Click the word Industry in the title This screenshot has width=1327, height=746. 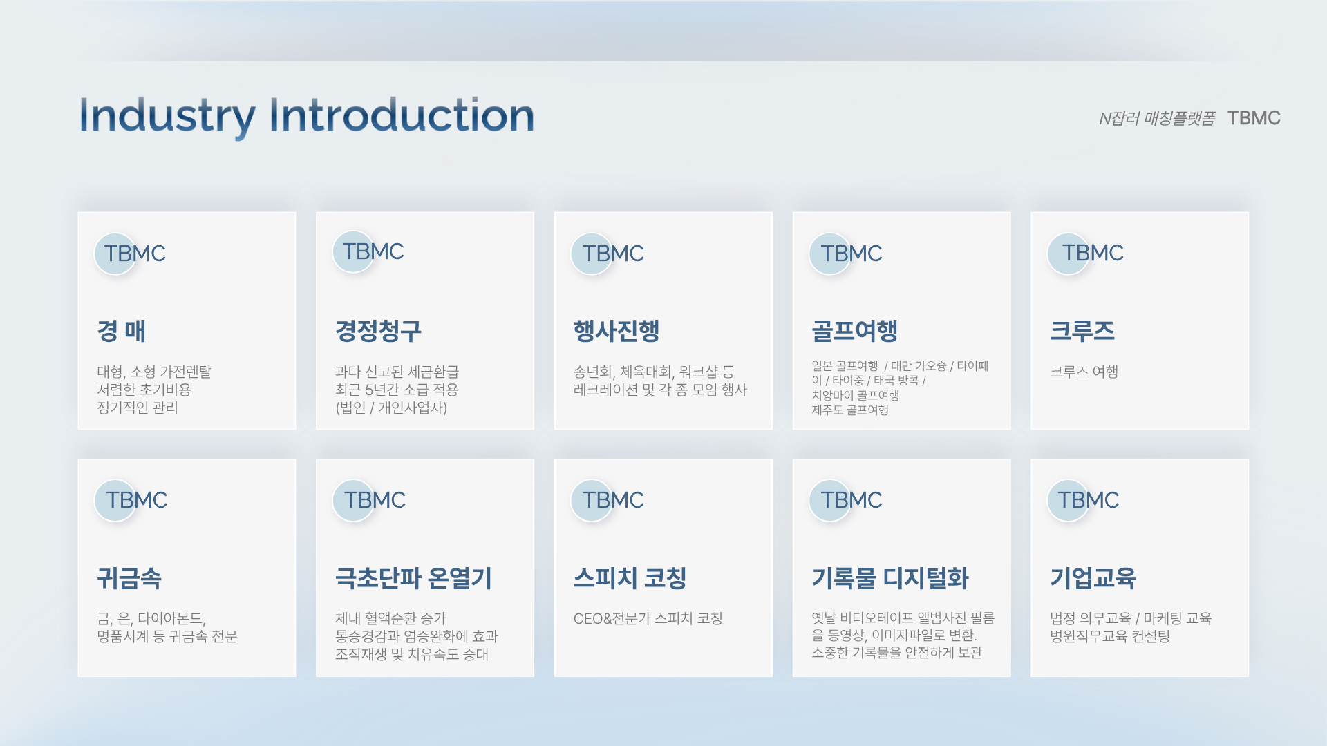click(167, 117)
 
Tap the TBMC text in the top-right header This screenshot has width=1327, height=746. click(1254, 118)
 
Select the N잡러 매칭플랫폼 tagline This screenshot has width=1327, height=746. click(1157, 119)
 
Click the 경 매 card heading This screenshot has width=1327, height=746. click(122, 331)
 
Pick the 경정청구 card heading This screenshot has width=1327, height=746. click(378, 331)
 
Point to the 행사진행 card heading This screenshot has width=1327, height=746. click(617, 331)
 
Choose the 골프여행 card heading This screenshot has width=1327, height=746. click(855, 331)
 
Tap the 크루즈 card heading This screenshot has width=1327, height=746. click(1082, 331)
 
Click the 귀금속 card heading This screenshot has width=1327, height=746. click(129, 578)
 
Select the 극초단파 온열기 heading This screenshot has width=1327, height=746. click(413, 578)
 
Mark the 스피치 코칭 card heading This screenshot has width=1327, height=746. click(630, 578)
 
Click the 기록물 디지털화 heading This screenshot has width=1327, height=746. click(890, 578)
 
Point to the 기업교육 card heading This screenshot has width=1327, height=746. click(1093, 578)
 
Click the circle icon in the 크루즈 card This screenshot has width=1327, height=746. click(1068, 254)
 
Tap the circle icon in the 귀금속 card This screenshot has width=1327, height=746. click(115, 500)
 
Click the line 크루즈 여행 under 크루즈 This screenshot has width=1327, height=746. click(1084, 372)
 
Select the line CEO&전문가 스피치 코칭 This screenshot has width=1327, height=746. click(648, 618)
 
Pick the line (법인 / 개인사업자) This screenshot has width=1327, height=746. click(391, 408)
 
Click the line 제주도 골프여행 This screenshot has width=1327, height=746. click(850, 410)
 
